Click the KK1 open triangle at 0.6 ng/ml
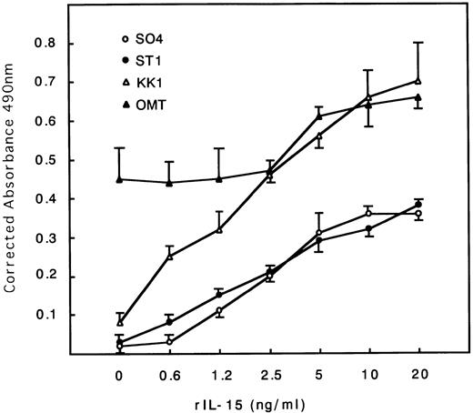coord(169,256)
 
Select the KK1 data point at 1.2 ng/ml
coord(219,229)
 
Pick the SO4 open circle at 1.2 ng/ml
coord(219,311)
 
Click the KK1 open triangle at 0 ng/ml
coord(119,321)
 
